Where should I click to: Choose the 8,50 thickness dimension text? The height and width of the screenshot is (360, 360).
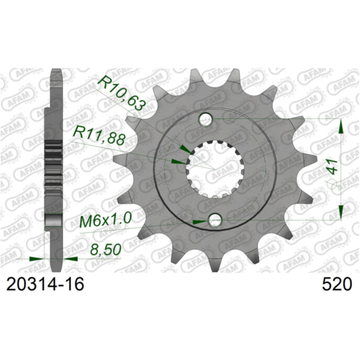102,247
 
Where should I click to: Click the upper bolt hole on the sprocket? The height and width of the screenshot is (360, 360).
205,119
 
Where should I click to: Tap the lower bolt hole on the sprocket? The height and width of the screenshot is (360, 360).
215,221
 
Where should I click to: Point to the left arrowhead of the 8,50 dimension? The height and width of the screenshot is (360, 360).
37,259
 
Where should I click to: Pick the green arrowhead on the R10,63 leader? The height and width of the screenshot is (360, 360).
186,148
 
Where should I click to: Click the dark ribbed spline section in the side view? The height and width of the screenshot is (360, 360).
55,162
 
